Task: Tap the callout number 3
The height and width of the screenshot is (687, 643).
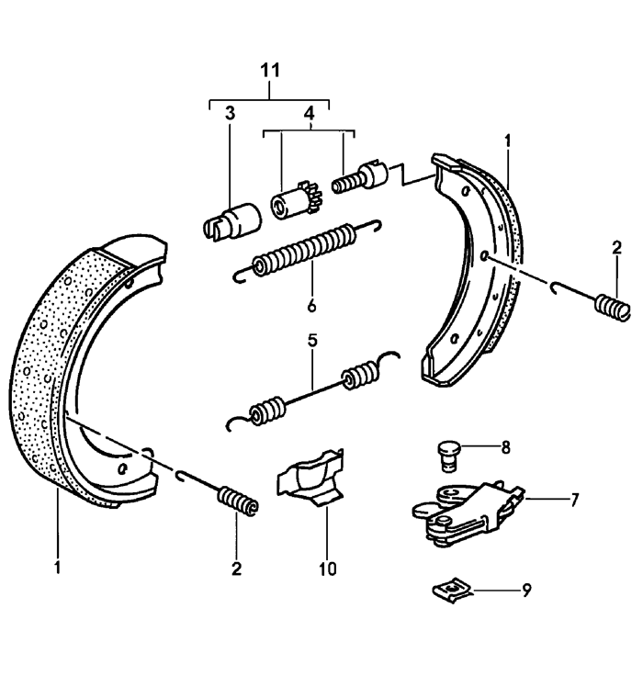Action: coord(230,114)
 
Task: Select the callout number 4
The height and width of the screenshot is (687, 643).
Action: coord(309,114)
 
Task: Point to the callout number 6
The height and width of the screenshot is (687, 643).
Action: coord(311,304)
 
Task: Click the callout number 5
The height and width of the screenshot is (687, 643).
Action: coord(312,341)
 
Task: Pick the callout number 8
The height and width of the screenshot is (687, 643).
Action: coord(504,450)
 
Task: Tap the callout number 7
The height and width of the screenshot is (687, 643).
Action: coord(574,501)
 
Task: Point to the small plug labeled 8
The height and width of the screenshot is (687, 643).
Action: coord(446,454)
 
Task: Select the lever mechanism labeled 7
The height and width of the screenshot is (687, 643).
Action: coord(459,511)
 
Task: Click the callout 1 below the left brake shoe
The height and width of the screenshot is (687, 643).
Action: coord(57,569)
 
